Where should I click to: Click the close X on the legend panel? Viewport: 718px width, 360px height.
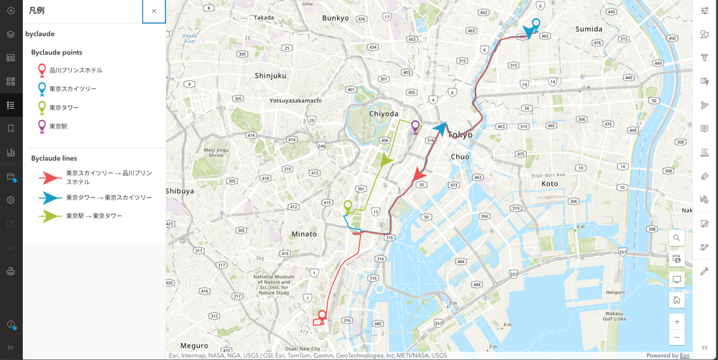tap(154, 11)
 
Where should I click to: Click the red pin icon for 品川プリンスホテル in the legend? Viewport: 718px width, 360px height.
tap(42, 70)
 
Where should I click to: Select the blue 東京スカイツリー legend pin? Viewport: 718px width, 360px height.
tap(42, 89)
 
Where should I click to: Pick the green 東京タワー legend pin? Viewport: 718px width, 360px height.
tap(42, 108)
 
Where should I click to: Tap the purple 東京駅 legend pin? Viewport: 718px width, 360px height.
tap(42, 126)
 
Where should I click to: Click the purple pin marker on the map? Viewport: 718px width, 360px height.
tap(415, 126)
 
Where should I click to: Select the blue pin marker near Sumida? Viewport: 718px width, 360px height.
tap(535, 24)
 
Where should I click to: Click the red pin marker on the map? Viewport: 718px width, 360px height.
tap(322, 315)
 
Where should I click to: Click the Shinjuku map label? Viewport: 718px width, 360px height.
tap(270, 75)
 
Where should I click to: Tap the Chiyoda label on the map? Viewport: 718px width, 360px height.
tap(383, 114)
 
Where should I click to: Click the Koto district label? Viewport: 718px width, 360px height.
tap(549, 184)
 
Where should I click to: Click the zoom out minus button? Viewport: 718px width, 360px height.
tap(676, 337)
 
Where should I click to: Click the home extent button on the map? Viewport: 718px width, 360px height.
tap(676, 300)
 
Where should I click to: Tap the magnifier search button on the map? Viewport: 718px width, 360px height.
tap(676, 238)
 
